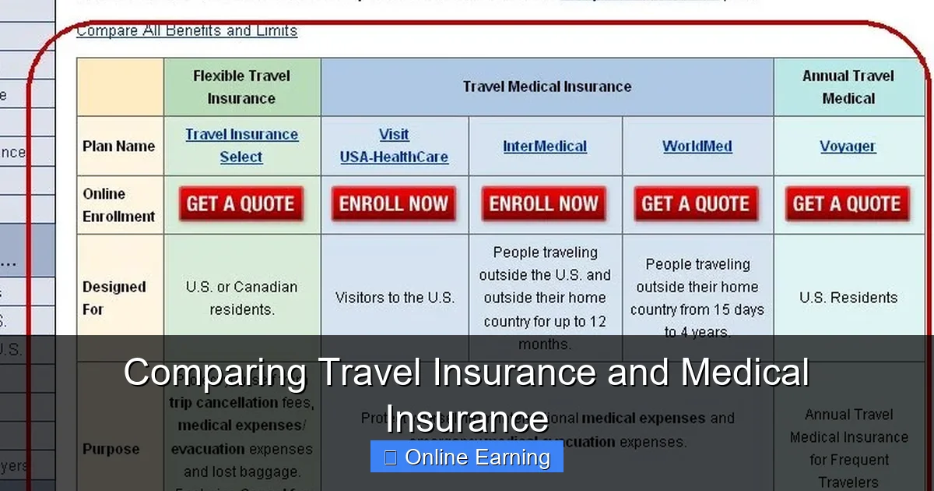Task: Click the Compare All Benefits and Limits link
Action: tap(187, 31)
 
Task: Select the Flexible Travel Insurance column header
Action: tap(241, 87)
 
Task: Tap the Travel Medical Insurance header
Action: tap(546, 87)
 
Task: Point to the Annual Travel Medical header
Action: tap(848, 87)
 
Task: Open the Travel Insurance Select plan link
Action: tap(241, 146)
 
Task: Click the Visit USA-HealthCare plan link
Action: tap(394, 146)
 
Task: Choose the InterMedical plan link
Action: tap(545, 147)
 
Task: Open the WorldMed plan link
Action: tap(697, 147)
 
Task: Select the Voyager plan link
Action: tap(848, 147)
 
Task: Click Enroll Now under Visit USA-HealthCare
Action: tap(394, 204)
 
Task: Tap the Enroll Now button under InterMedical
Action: tap(544, 204)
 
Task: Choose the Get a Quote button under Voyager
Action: tap(848, 204)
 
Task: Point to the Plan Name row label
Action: tap(118, 147)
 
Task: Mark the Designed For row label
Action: tap(114, 298)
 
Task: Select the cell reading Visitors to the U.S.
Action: tap(395, 298)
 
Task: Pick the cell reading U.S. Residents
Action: tap(848, 298)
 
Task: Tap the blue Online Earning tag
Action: tap(467, 457)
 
